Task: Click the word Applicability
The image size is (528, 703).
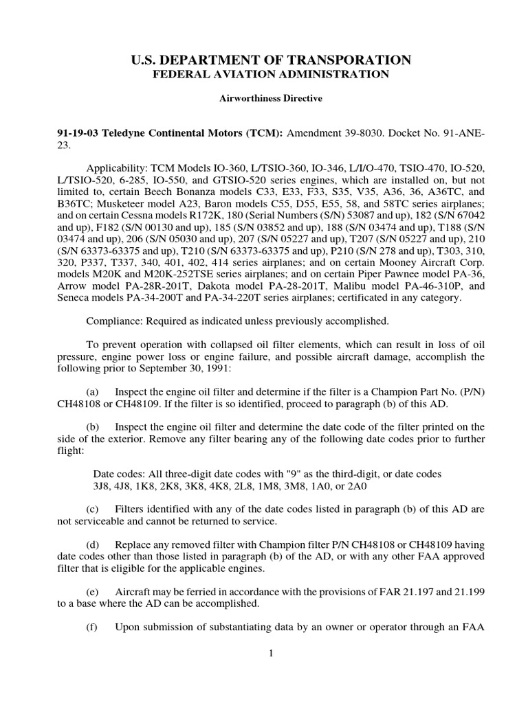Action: click(113, 168)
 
